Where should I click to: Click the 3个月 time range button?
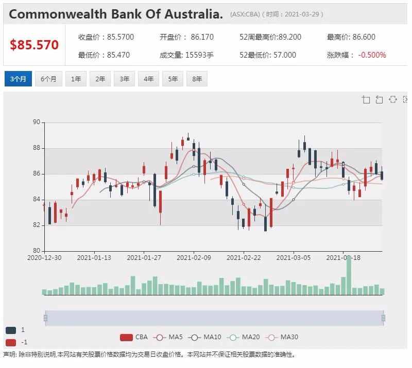tap(18, 79)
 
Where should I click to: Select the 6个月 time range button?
tap(48, 79)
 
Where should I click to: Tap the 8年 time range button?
tap(197, 79)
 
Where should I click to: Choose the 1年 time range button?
tap(76, 79)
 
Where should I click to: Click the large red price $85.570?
tap(34, 45)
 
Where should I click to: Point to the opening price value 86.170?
tap(202, 37)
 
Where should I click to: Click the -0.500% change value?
tap(372, 55)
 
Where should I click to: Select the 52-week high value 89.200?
tap(290, 37)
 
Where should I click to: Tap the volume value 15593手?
tap(199, 55)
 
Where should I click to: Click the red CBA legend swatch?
tap(126, 337)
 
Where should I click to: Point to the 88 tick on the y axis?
tap(37, 148)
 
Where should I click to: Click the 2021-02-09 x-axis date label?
tap(194, 258)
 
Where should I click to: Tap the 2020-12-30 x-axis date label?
tap(44, 258)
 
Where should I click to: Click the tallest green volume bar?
tap(349, 275)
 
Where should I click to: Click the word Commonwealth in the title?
tap(58, 14)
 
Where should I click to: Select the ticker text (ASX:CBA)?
tap(245, 14)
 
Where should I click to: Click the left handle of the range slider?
tap(45, 318)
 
